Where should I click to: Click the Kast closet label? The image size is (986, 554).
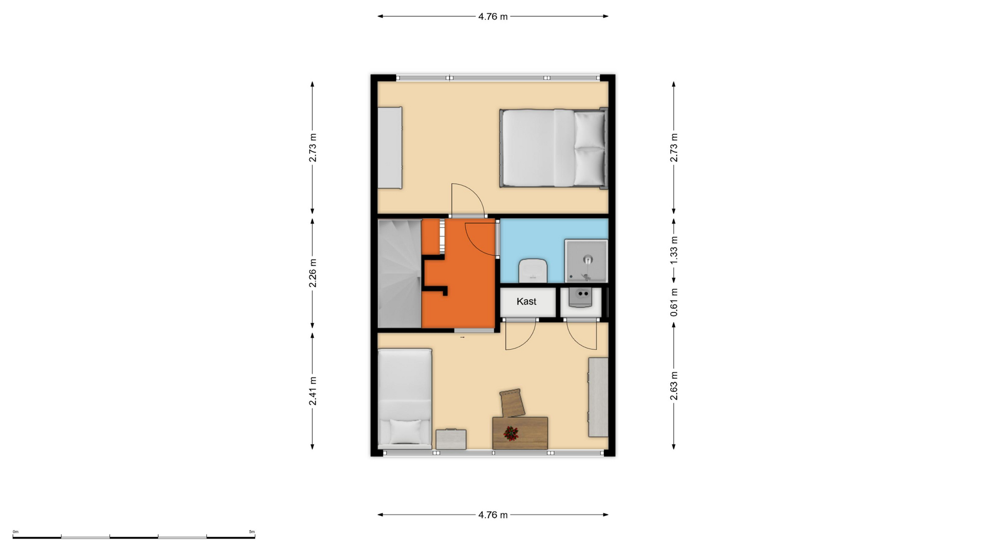pyautogui.click(x=526, y=302)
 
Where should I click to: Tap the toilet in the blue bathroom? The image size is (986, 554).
pyautogui.click(x=533, y=270)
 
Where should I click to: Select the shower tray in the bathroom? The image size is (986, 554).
pyautogui.click(x=586, y=261)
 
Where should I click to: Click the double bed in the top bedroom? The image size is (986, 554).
pyautogui.click(x=554, y=148)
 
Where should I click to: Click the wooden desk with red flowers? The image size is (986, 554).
pyautogui.click(x=520, y=433)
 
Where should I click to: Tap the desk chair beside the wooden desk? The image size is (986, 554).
pyautogui.click(x=513, y=403)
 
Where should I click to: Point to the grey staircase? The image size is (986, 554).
pyautogui.click(x=400, y=273)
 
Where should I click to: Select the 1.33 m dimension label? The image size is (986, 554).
pyautogui.click(x=674, y=250)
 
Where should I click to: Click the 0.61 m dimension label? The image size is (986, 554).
pyautogui.click(x=674, y=302)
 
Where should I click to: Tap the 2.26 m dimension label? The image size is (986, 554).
pyautogui.click(x=312, y=273)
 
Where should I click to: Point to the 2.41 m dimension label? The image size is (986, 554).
pyautogui.click(x=312, y=391)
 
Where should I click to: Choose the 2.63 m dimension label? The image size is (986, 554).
pyautogui.click(x=674, y=386)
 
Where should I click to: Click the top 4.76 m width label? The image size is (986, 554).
pyautogui.click(x=493, y=16)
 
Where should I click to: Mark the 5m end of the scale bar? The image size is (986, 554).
pyautogui.click(x=255, y=537)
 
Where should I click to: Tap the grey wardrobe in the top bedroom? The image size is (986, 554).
pyautogui.click(x=390, y=148)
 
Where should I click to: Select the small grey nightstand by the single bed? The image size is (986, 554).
pyautogui.click(x=451, y=440)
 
